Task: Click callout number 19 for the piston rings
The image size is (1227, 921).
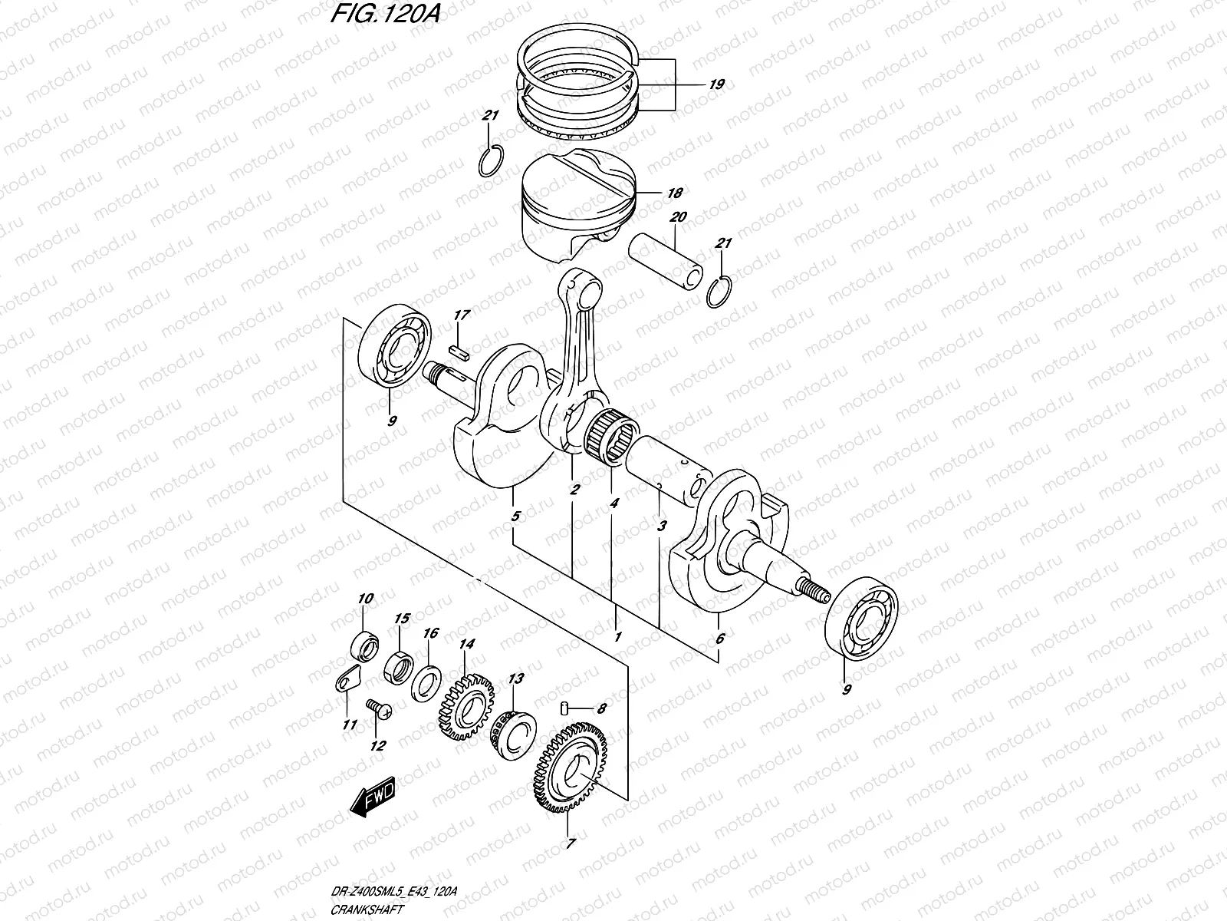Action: pyautogui.click(x=716, y=84)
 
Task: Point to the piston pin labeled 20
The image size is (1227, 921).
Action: pyautogui.click(x=664, y=263)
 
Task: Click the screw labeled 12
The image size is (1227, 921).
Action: pyautogui.click(x=377, y=708)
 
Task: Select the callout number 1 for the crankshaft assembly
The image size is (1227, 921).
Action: pyautogui.click(x=617, y=636)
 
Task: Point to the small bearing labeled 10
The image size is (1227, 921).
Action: pyautogui.click(x=364, y=645)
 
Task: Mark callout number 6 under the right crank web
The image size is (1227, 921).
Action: pyautogui.click(x=719, y=638)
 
